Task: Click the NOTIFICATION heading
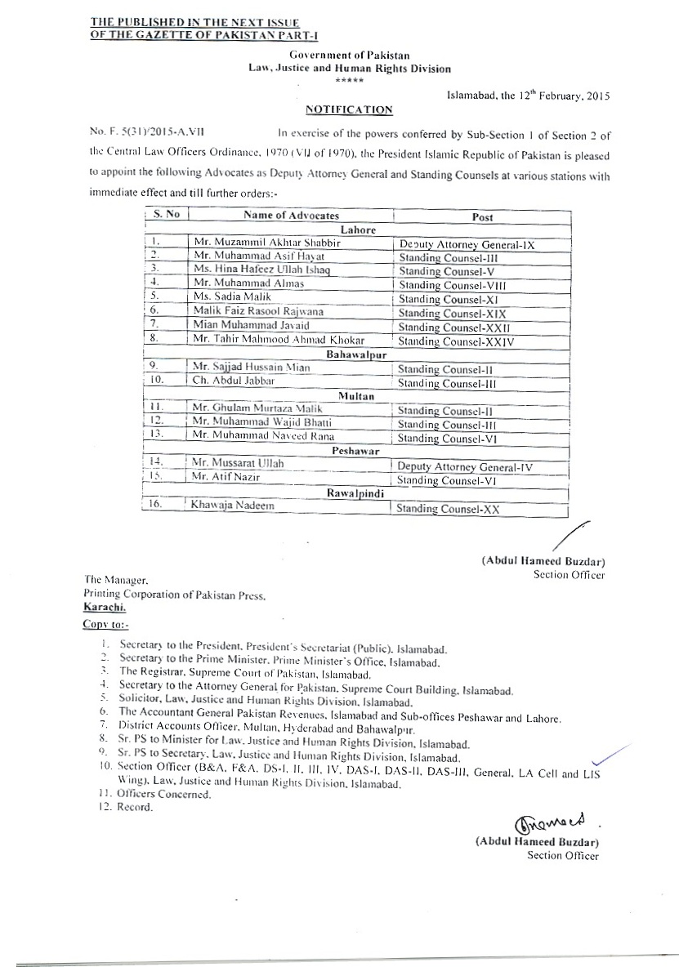tap(348, 109)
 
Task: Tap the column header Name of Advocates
tap(291, 215)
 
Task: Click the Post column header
tap(482, 216)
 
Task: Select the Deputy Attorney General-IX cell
tap(465, 244)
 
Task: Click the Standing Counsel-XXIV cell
tap(455, 341)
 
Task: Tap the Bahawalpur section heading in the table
tap(357, 354)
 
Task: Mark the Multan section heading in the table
tap(355, 395)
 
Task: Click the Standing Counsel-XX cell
tap(446, 509)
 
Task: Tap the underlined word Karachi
tap(105, 608)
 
